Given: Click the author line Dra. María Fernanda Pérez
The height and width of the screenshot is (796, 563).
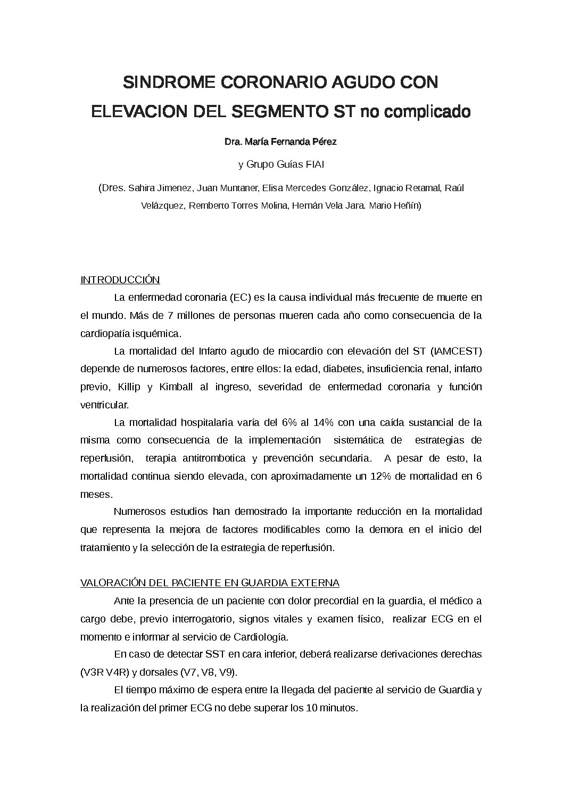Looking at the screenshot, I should tap(281, 142).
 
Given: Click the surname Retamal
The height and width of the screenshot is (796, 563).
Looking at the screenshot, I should tap(420, 188).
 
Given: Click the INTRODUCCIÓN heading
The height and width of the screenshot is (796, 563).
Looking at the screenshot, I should tap(120, 280).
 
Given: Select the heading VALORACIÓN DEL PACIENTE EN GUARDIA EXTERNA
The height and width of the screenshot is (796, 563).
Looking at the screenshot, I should tap(210, 583).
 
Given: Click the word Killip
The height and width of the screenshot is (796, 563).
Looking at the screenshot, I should tap(129, 387).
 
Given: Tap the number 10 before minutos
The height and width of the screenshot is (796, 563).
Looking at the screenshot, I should tap(311, 709).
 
